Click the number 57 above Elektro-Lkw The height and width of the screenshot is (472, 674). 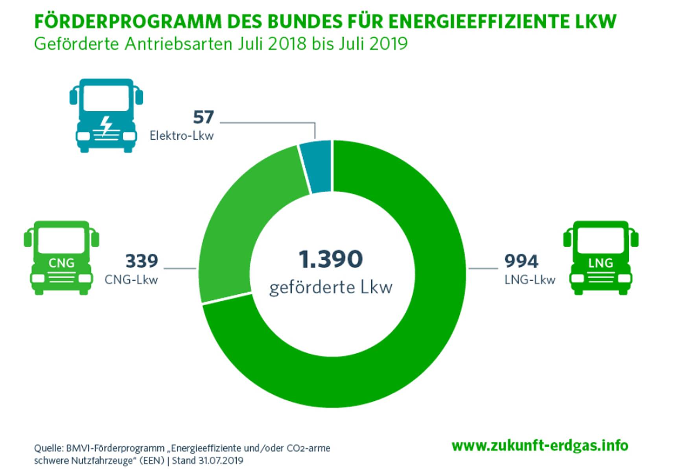[x=203, y=117]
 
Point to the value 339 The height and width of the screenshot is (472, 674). [x=142, y=261]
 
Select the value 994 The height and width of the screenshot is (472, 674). [x=521, y=261]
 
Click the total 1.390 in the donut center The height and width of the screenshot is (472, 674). [x=330, y=259]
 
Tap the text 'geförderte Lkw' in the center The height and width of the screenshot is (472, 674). [x=331, y=287]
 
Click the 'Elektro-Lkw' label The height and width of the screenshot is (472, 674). [x=181, y=136]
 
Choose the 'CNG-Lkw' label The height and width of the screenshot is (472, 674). [x=131, y=280]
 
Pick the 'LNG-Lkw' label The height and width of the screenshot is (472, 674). [x=530, y=280]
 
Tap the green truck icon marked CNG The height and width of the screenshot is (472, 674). [x=61, y=258]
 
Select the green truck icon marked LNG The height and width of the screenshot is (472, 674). [x=600, y=258]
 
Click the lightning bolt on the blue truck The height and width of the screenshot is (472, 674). [x=106, y=125]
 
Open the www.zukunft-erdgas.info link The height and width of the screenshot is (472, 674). [x=540, y=445]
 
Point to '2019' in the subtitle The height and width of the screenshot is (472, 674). [x=389, y=44]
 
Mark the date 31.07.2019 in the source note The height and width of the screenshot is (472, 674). [x=221, y=460]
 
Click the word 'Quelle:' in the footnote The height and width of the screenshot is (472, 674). [x=48, y=448]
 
